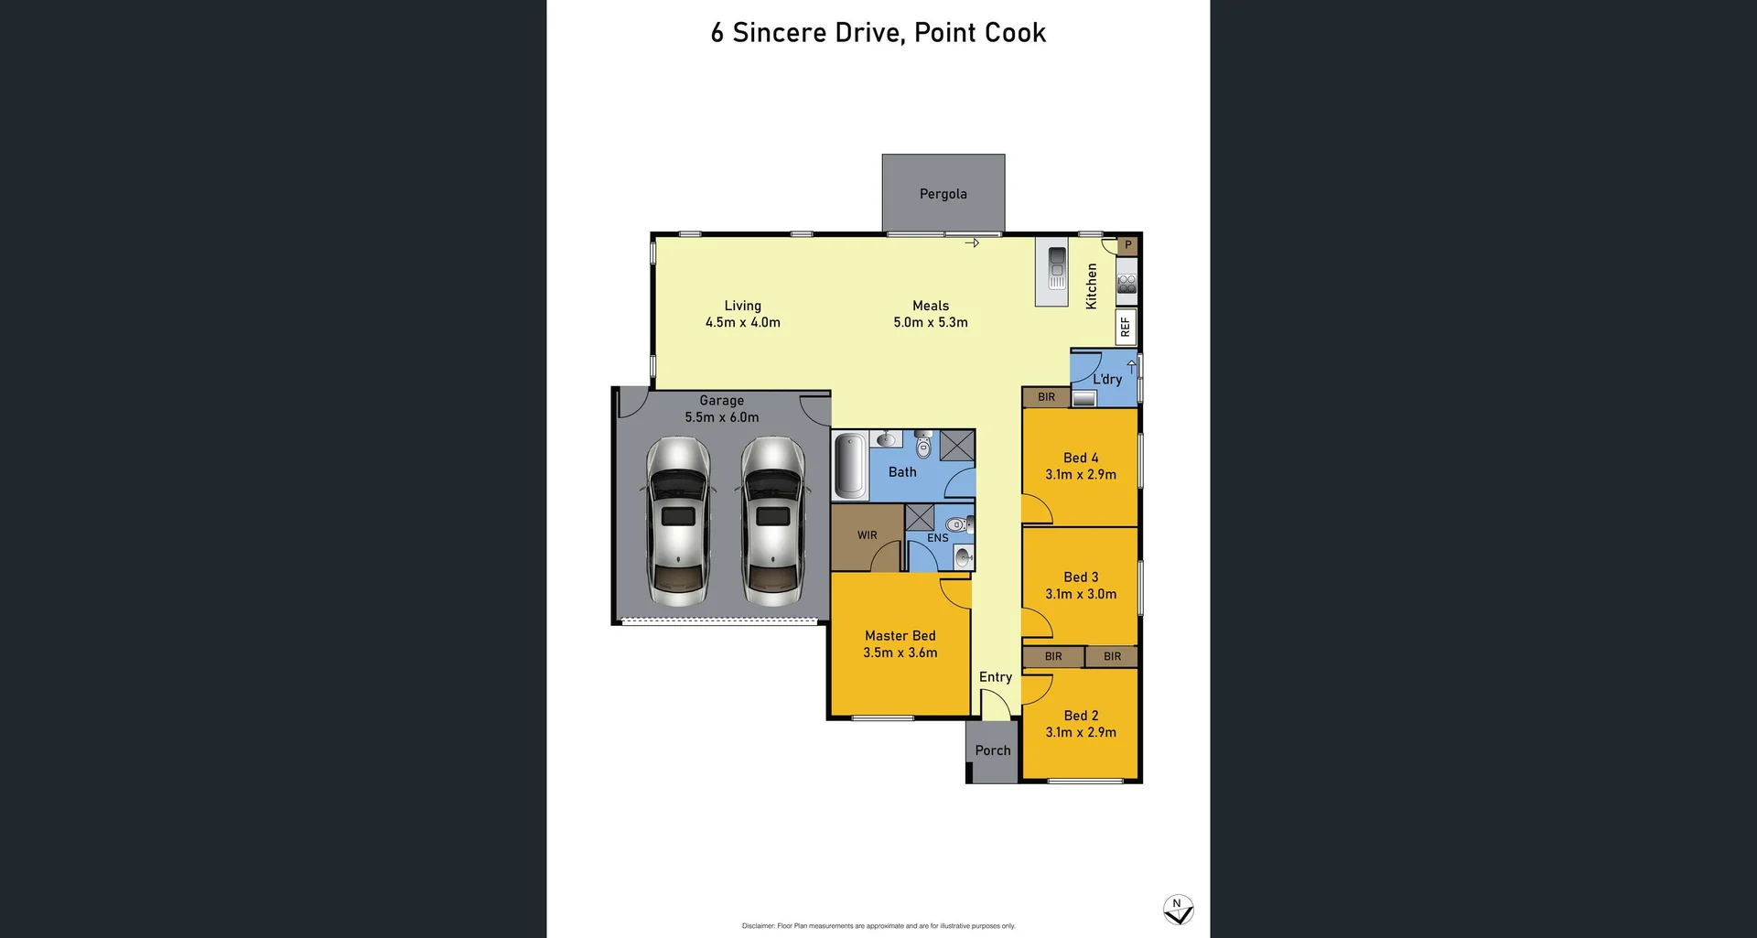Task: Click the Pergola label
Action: (x=943, y=194)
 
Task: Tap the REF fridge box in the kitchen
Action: (x=1126, y=327)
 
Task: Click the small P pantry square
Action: (x=1127, y=245)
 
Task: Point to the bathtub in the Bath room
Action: (x=850, y=466)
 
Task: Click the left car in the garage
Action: (x=678, y=521)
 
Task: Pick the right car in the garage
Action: (x=773, y=521)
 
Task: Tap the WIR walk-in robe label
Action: (x=867, y=535)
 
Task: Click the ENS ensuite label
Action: (x=937, y=538)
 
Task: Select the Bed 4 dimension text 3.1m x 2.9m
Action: (x=1081, y=475)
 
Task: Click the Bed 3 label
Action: (x=1081, y=577)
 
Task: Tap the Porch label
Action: (x=992, y=750)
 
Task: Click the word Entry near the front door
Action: (x=995, y=677)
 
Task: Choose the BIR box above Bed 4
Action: (x=1046, y=397)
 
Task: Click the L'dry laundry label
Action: (x=1106, y=379)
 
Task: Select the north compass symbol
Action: (x=1178, y=910)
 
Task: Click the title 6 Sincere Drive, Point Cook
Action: (x=878, y=33)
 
